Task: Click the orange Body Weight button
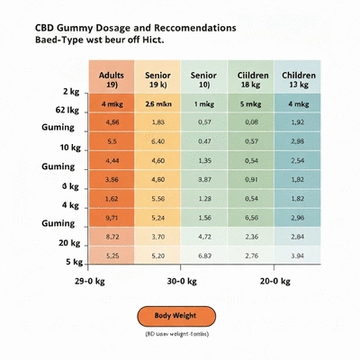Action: point(177,316)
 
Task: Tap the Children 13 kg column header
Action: point(298,78)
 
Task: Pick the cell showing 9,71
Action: point(112,218)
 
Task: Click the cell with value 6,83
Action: point(205,256)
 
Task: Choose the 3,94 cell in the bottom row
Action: point(298,256)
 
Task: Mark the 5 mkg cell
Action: point(251,103)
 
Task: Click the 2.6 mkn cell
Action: point(158,103)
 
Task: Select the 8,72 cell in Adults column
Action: point(112,237)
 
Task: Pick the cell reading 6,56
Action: point(251,218)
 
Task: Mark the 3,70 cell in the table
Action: point(158,237)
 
